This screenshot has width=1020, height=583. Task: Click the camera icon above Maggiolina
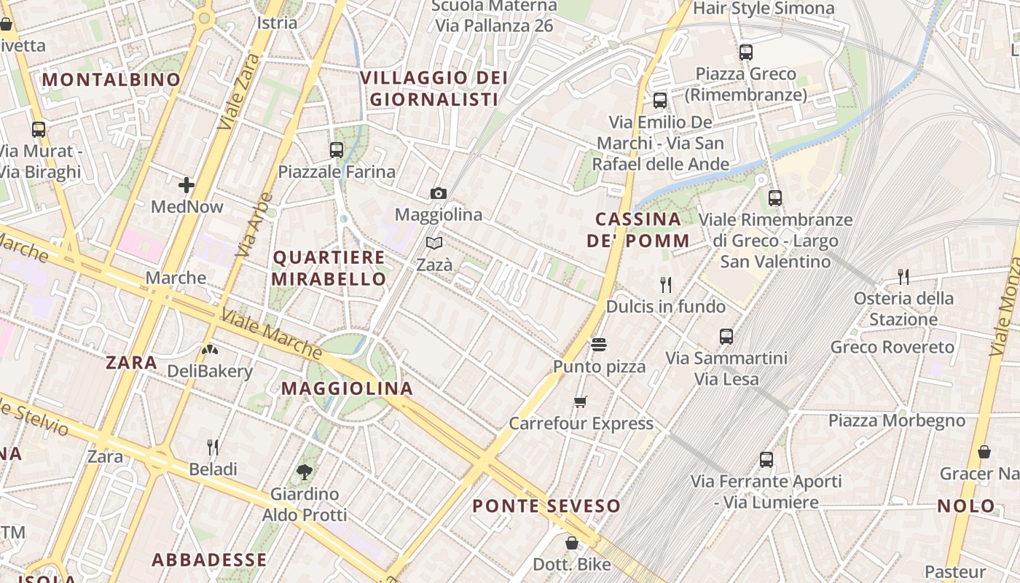point(438,193)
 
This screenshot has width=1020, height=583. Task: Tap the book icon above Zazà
point(434,243)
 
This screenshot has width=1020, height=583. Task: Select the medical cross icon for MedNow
point(187,185)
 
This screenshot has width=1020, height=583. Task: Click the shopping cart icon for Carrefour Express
point(581,402)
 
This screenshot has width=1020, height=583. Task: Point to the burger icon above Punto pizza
point(599,344)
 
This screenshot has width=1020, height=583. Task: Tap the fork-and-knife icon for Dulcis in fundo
point(665,284)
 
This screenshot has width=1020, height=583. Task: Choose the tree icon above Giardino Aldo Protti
point(305,472)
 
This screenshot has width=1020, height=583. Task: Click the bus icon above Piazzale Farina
point(336,150)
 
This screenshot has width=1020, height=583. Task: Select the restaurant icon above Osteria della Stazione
point(903,276)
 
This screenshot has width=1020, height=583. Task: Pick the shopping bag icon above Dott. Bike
point(572,543)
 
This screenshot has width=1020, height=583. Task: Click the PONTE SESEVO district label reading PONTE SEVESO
point(546,506)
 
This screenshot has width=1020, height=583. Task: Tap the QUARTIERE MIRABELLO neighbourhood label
point(329,268)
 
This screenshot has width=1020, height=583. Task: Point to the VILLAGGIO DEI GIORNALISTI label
point(433,88)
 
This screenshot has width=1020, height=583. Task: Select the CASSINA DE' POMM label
point(638,230)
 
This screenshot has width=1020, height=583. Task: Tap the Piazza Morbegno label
point(896,420)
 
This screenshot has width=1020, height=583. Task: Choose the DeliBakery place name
point(210,371)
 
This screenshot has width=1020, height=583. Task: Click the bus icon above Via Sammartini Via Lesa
point(726,336)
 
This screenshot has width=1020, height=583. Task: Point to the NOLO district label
point(966,506)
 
